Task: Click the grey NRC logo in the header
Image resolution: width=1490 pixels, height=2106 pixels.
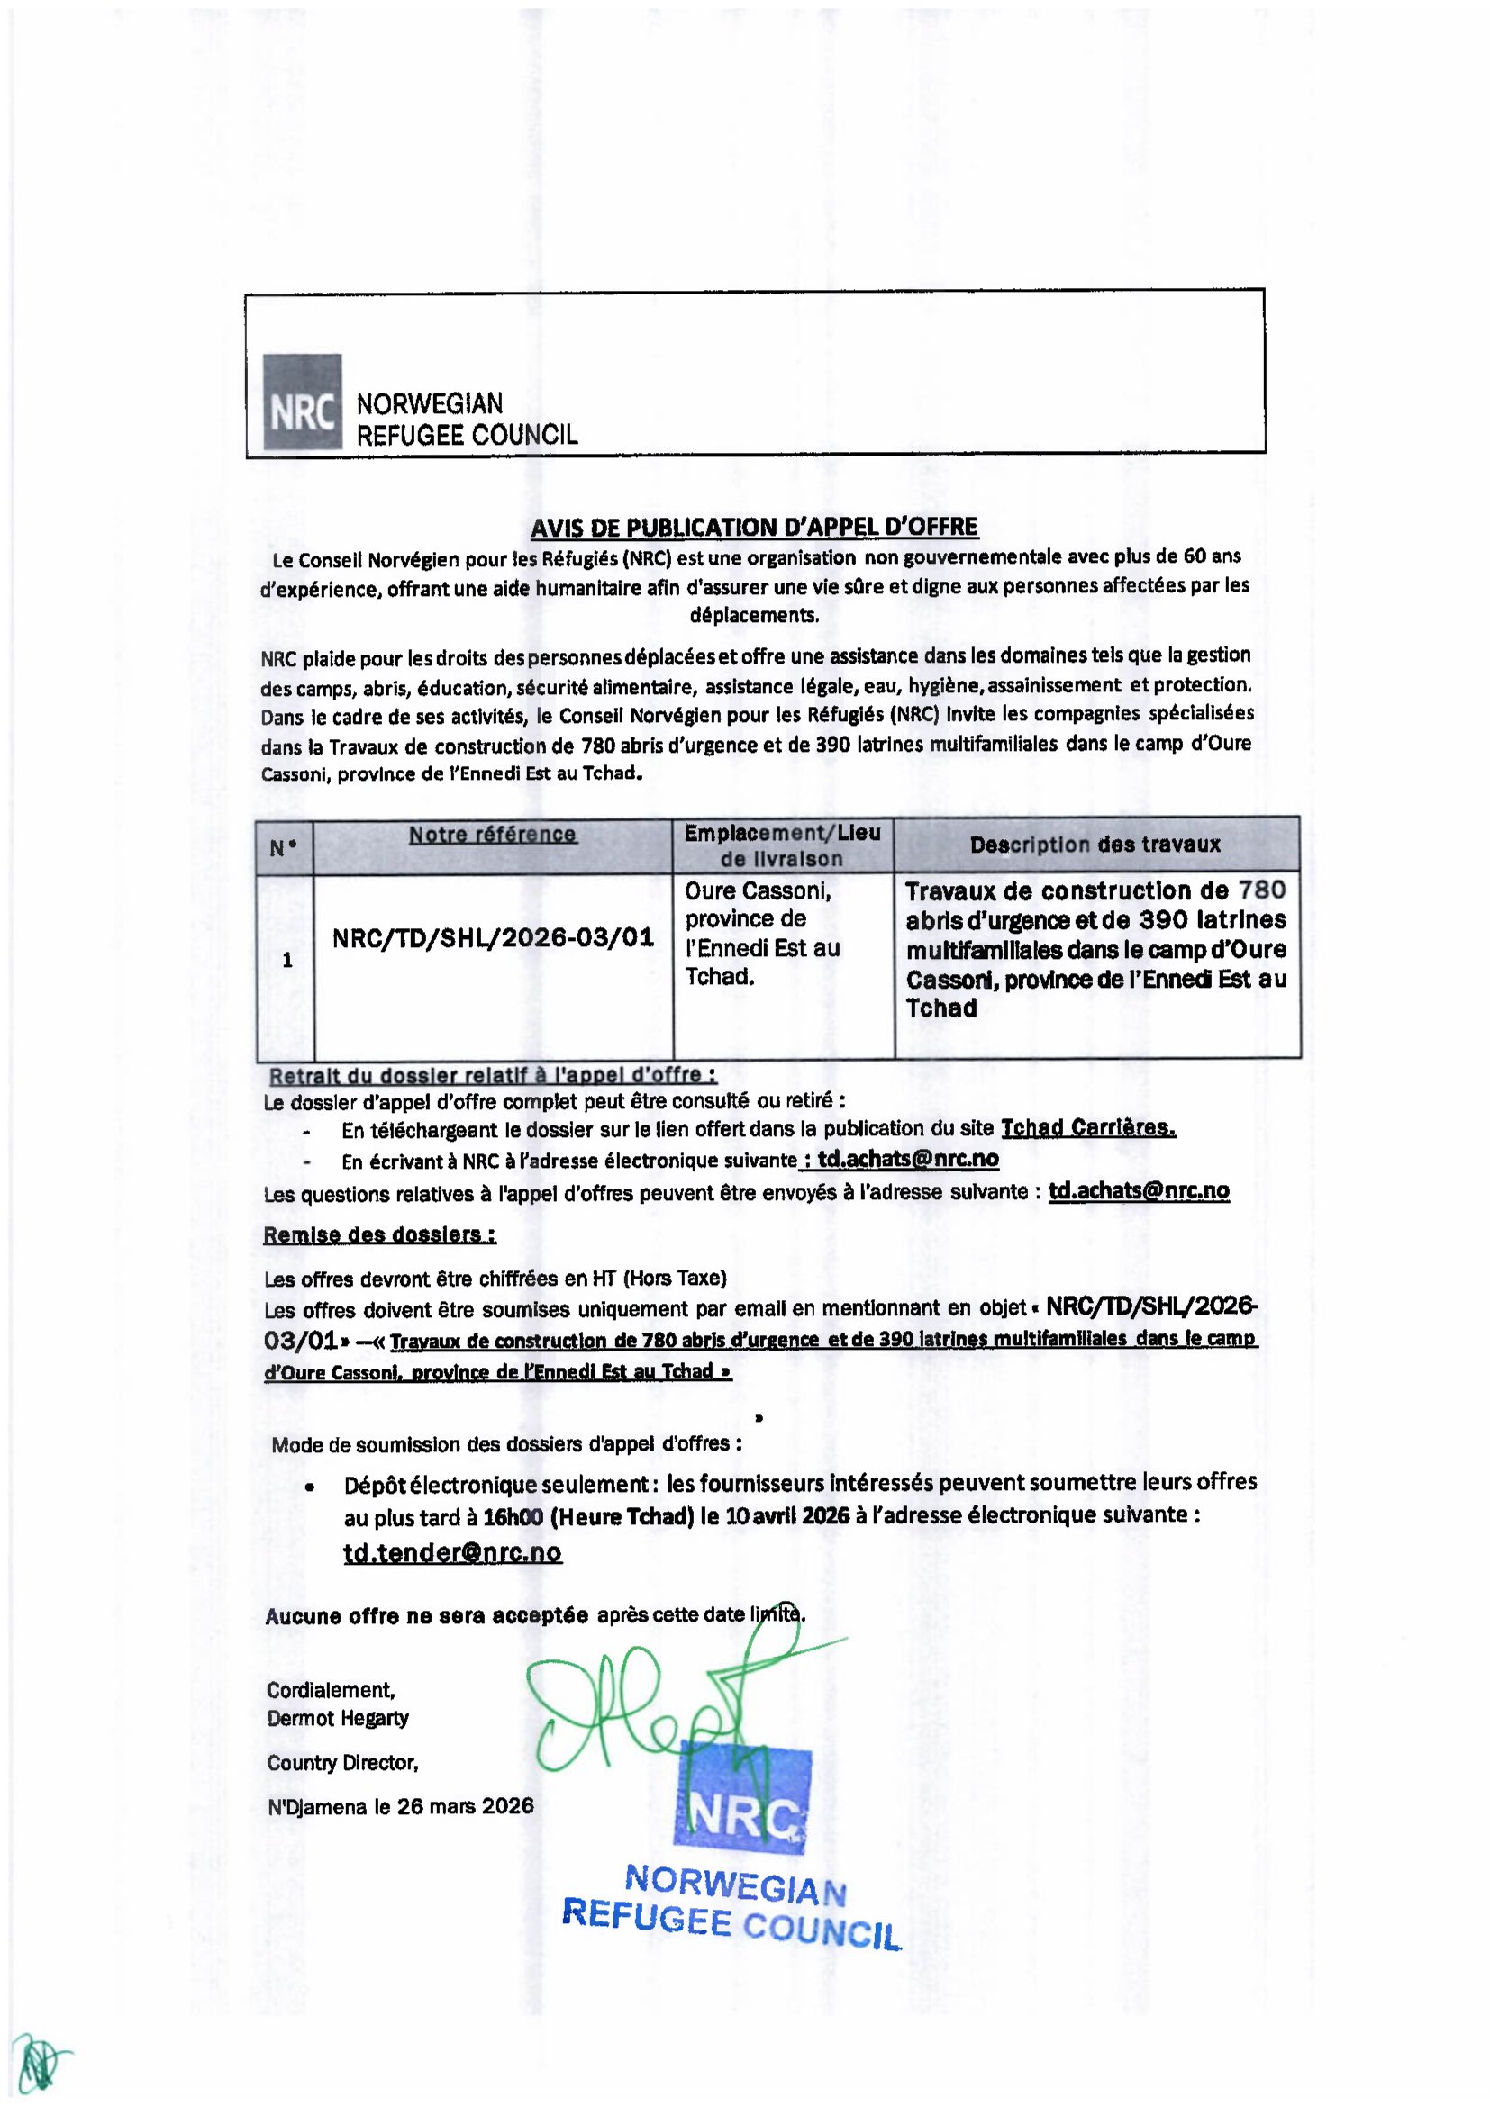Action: [302, 402]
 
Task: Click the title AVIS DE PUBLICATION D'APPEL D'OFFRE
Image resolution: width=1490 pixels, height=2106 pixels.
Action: [754, 528]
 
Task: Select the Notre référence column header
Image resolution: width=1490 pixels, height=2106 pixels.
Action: [493, 835]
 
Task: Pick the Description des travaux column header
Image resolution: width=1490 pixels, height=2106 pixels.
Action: [1095, 845]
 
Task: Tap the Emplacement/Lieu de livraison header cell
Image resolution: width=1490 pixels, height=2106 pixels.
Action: [783, 845]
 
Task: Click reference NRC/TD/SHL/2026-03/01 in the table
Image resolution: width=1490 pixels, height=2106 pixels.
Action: [493, 937]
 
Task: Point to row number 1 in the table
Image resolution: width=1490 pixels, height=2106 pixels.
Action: [287, 961]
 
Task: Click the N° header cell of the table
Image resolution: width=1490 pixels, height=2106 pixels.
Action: [284, 847]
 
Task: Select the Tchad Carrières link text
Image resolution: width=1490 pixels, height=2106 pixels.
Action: [1088, 1128]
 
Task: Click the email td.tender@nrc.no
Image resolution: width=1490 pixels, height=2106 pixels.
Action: [452, 1552]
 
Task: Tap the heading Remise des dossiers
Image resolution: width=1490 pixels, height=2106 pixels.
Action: [380, 1234]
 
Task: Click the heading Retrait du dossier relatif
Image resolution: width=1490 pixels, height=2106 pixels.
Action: [493, 1075]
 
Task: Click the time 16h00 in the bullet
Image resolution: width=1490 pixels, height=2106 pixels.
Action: [513, 1516]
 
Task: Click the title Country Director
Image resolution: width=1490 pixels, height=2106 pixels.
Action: [343, 1763]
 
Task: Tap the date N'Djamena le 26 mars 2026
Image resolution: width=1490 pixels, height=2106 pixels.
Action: [400, 1806]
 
